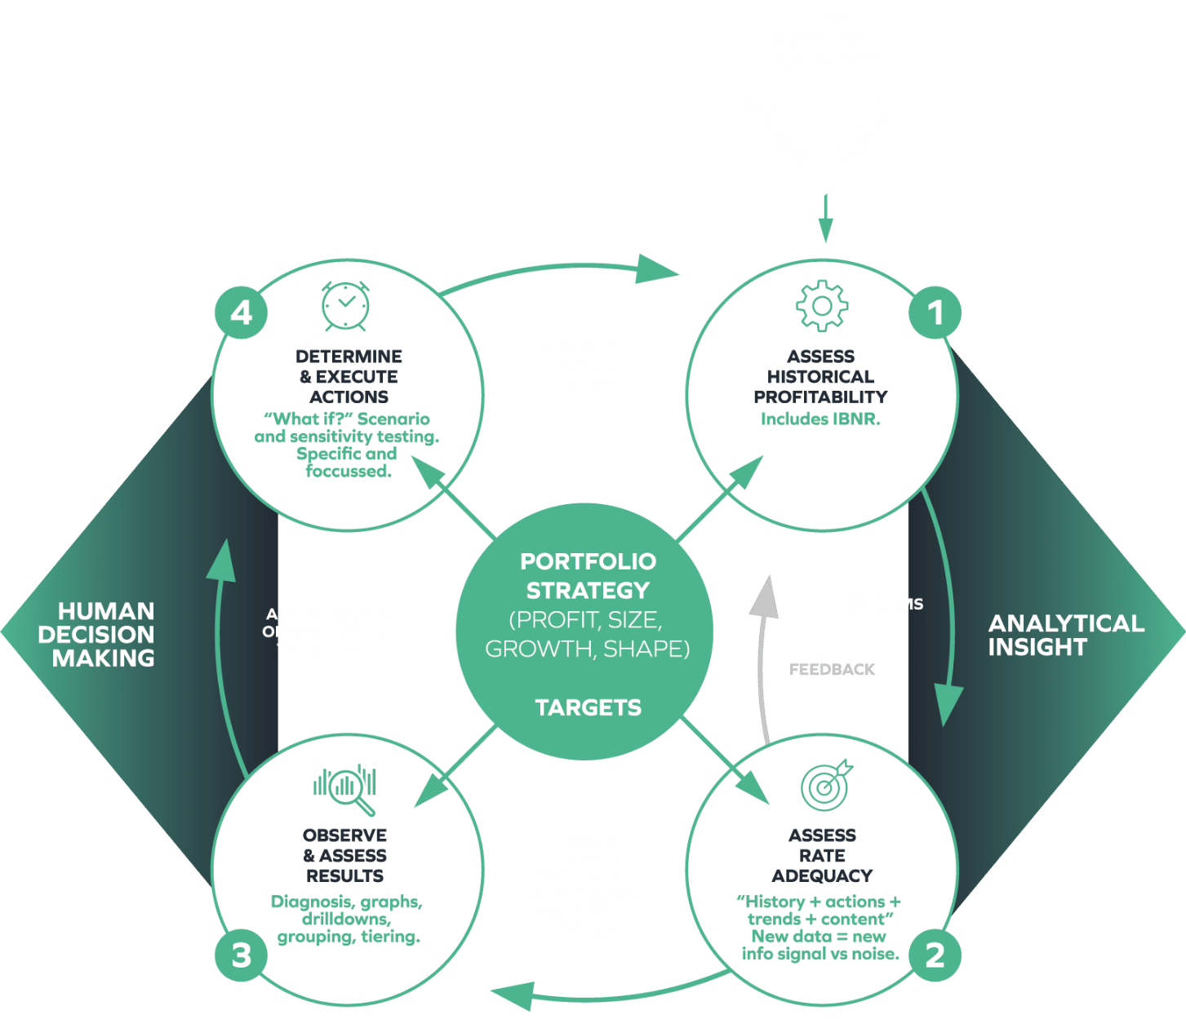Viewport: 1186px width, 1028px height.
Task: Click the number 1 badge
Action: tap(935, 312)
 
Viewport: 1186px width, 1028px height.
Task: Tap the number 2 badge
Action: tap(935, 955)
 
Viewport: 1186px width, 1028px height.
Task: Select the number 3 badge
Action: tap(241, 955)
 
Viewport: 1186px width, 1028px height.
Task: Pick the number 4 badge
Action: tap(241, 312)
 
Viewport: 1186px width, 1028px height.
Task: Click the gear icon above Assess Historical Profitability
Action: tap(821, 306)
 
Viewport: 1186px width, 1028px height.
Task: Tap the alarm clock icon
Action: tap(345, 306)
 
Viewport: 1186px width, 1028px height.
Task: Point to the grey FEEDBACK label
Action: tap(831, 669)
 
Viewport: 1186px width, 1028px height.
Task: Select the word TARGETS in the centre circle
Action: tap(588, 707)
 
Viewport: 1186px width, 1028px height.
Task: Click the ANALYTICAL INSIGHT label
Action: tap(1065, 635)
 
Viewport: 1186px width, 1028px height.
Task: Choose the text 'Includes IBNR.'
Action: tap(820, 419)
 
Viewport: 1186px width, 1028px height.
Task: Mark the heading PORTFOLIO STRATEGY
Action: tap(588, 575)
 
